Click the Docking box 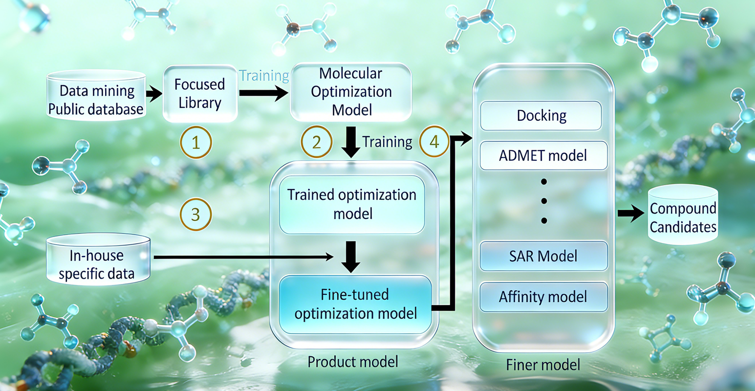pyautogui.click(x=541, y=116)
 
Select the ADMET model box pyautogui.click(x=543, y=156)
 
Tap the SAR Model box pyautogui.click(x=543, y=256)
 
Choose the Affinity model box pyautogui.click(x=543, y=297)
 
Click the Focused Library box pyautogui.click(x=200, y=93)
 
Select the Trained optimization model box pyautogui.click(x=352, y=204)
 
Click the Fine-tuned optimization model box pyautogui.click(x=355, y=304)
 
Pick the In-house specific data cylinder pyautogui.click(x=98, y=260)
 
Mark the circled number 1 pyautogui.click(x=196, y=143)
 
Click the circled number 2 pyautogui.click(x=317, y=142)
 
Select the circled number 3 pyautogui.click(x=195, y=214)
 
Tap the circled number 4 pyautogui.click(x=434, y=142)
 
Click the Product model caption pyautogui.click(x=353, y=362)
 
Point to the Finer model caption pyautogui.click(x=543, y=365)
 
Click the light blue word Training pyautogui.click(x=264, y=76)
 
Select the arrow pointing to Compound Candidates pyautogui.click(x=631, y=214)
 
